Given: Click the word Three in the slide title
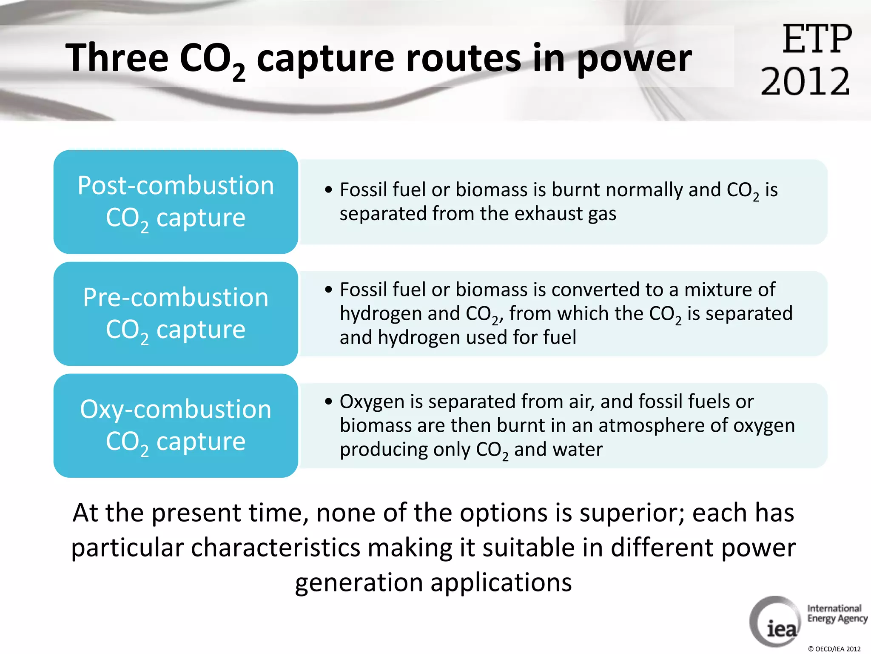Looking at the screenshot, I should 117,58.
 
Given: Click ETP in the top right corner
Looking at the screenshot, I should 817,39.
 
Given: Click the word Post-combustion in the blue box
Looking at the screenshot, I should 176,186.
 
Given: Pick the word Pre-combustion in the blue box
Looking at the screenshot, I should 176,297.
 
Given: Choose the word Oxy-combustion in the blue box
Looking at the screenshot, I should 176,409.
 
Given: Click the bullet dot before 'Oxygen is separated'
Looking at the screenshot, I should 328,402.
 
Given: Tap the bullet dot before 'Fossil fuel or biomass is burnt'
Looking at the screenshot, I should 328,190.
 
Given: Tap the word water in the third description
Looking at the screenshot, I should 579,450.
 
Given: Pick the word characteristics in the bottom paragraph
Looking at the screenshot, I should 276,548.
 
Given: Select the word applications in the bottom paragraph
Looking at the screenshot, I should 501,582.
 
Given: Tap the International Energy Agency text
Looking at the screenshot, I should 837,614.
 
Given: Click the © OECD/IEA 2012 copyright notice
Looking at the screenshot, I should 834,649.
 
